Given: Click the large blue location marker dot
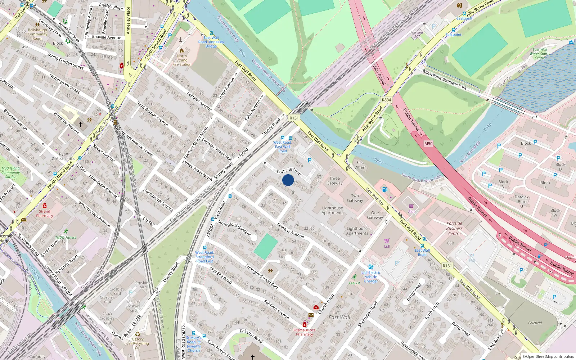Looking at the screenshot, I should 288,180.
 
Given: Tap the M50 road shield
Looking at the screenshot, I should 428,144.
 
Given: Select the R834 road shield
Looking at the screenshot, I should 386,100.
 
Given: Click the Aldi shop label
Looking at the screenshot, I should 411,211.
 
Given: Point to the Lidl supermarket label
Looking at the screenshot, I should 387,246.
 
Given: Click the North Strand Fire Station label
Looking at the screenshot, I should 182,60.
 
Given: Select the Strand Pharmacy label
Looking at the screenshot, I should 45,213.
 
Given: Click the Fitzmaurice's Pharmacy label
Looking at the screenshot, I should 304,332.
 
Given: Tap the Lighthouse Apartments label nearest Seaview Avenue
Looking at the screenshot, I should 333,210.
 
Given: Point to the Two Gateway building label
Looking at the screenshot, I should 355,198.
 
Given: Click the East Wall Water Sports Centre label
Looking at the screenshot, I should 540,54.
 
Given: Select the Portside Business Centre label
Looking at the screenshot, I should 454,228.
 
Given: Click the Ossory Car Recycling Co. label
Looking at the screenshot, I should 138,343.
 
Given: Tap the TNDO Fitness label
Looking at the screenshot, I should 66,237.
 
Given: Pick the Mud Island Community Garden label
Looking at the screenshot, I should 10,172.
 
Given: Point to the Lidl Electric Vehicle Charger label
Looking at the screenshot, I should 371,277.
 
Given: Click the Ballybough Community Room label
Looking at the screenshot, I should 37,34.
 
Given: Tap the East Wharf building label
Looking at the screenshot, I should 360,165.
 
